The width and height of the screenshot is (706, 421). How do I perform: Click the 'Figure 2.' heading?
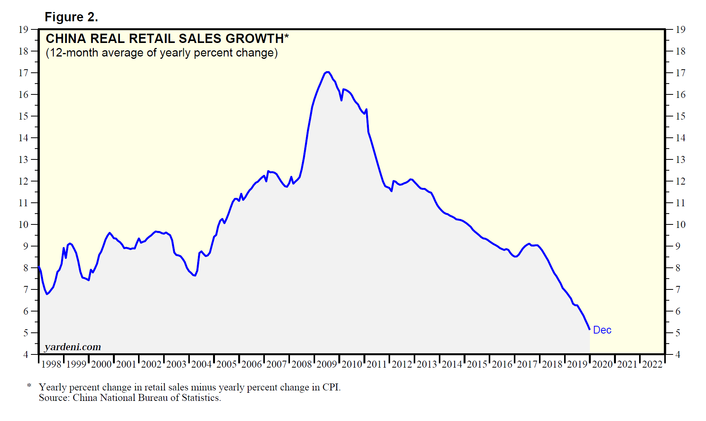pyautogui.click(x=71, y=17)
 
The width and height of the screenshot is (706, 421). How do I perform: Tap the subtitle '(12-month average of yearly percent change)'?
pyautogui.click(x=162, y=53)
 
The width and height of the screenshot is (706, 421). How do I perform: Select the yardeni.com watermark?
pyautogui.click(x=73, y=347)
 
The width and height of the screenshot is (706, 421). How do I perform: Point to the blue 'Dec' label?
pyautogui.click(x=602, y=330)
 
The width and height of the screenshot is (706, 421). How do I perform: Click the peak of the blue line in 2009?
pyautogui.click(x=327, y=72)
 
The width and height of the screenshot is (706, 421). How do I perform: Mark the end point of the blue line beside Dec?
pyautogui.click(x=589, y=329)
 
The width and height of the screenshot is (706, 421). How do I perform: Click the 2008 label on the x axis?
pyautogui.click(x=302, y=364)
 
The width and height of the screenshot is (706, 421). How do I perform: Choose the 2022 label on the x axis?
pyautogui.click(x=652, y=364)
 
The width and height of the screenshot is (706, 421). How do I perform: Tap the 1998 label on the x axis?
pyautogui.click(x=51, y=364)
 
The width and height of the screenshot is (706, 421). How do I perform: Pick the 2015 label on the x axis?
pyautogui.click(x=477, y=364)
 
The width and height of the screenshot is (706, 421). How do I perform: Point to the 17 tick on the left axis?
pyautogui.click(x=24, y=73)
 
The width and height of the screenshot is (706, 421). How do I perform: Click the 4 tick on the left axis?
pyautogui.click(x=26, y=354)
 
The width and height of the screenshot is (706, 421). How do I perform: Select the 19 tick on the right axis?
pyautogui.click(x=680, y=29)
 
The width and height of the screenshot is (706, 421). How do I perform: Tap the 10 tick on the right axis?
pyautogui.click(x=680, y=224)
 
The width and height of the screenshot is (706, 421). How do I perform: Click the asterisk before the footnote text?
pyautogui.click(x=29, y=386)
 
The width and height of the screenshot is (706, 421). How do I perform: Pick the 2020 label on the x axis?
pyautogui.click(x=602, y=364)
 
